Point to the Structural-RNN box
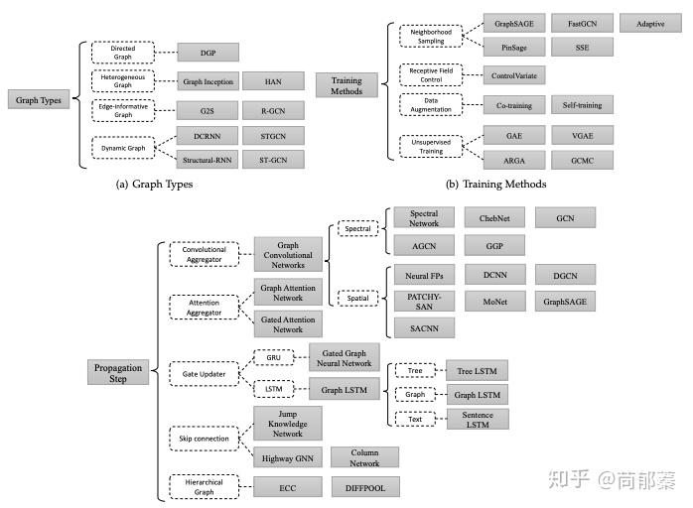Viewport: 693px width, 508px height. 207,159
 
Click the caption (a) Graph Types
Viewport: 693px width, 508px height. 154,185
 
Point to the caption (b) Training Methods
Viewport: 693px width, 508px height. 496,185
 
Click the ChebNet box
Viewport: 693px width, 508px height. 494,216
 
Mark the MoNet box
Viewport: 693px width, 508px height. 494,301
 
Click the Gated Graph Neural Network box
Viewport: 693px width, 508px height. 345,359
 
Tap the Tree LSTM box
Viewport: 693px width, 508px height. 477,371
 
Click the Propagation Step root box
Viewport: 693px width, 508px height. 116,372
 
